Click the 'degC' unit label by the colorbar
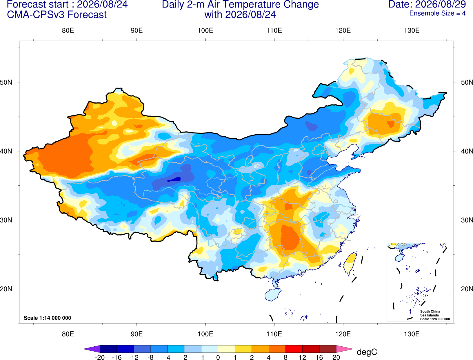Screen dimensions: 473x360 [367, 352]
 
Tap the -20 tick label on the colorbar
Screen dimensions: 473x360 [100, 357]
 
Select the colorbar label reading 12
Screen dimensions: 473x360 [302, 357]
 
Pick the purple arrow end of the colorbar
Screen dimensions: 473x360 [91, 349]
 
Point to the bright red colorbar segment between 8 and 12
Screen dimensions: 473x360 [294, 349]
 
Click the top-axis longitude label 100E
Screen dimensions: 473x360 [205, 30]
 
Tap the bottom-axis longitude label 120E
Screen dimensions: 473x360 [343, 334]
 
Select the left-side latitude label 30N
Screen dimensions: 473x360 [6, 220]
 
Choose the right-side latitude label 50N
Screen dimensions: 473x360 [467, 82]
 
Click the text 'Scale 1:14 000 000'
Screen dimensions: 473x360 [48, 318]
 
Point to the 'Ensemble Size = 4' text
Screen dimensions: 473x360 [437, 13]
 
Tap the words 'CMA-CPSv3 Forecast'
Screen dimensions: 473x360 [57, 15]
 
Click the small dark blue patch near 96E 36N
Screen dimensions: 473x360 [174, 180]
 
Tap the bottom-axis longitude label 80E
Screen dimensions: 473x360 [68, 334]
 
